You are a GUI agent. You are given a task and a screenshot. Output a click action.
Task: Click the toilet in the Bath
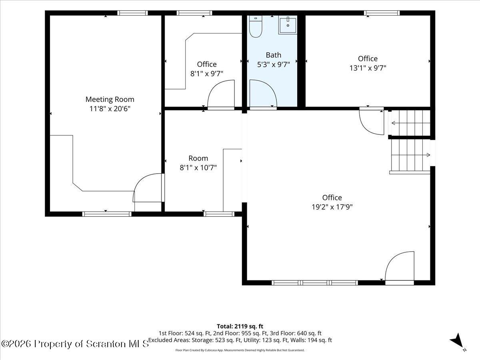pos(256,26)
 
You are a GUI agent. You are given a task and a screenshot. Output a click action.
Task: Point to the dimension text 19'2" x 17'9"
pos(332,207)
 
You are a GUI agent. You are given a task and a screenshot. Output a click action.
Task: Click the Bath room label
pos(273,55)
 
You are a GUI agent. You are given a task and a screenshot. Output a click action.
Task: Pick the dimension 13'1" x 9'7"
pos(368,68)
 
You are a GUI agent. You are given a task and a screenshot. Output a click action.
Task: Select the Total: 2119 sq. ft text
pos(240,326)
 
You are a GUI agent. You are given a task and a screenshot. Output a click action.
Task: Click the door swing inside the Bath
pos(263,94)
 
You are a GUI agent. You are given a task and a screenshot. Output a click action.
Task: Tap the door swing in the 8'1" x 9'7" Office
pos(221,94)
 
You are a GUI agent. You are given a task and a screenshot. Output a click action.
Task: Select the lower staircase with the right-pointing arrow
pos(411,155)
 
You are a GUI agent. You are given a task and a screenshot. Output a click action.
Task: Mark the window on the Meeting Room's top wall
pos(132,13)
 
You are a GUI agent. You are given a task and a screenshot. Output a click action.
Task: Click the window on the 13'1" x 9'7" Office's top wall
pos(382,13)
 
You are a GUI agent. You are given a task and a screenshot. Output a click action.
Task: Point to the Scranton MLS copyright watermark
pos(74,344)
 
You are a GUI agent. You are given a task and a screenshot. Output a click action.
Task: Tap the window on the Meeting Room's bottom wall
pos(107,214)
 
